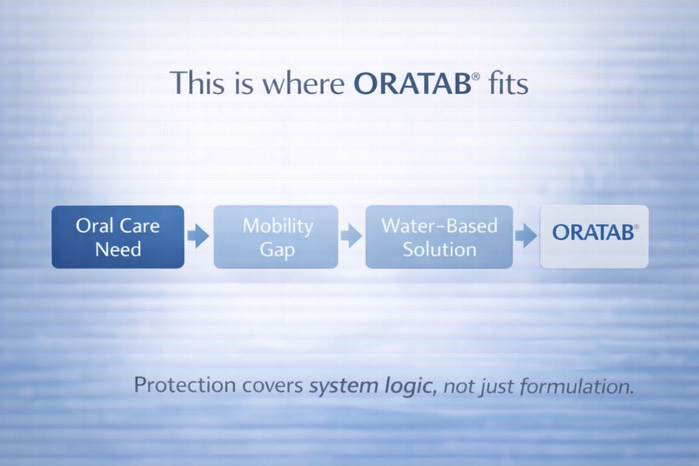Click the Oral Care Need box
point(118,237)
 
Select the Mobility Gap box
point(276,237)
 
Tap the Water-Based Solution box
point(439,237)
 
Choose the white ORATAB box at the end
point(594,237)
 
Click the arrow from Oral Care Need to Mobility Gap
point(198,236)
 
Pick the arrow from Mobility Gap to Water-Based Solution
point(351,236)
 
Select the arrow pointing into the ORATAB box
point(526,236)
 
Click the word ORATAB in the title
point(412,83)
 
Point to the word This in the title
point(198,83)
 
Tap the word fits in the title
point(508,83)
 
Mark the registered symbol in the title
point(476,76)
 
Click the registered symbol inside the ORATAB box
point(636,227)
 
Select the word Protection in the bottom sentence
point(185,385)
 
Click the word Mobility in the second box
point(278,226)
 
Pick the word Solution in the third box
point(440,249)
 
